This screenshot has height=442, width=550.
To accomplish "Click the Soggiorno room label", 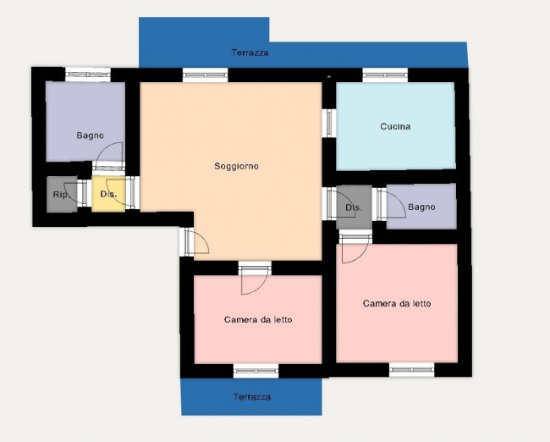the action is (x=236, y=166).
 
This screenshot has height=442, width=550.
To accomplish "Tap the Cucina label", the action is (x=395, y=126).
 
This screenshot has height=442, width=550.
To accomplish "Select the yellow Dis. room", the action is (x=109, y=194).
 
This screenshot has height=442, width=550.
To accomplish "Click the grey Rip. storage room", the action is (x=62, y=194).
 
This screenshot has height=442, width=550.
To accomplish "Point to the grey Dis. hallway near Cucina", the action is (x=354, y=207).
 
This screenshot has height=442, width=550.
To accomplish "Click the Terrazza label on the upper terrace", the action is (x=250, y=52).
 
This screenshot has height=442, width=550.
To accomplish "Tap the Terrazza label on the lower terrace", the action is (x=252, y=397).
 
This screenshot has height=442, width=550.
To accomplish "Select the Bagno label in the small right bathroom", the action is (x=421, y=207).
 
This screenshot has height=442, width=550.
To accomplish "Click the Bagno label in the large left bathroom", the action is (x=91, y=135).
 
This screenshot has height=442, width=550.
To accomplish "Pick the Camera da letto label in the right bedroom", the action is (x=397, y=303).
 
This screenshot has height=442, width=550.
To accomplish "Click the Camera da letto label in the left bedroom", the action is (x=258, y=319).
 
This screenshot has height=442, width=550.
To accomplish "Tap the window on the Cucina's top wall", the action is (x=385, y=75).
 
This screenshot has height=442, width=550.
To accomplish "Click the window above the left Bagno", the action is (x=88, y=75).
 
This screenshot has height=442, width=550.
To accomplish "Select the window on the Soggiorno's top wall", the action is (x=206, y=75).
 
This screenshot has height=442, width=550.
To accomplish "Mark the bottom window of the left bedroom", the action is (x=256, y=371).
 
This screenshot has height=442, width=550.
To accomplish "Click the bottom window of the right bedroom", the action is (x=412, y=370).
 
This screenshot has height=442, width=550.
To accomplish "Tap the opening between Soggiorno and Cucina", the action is (x=329, y=124).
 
